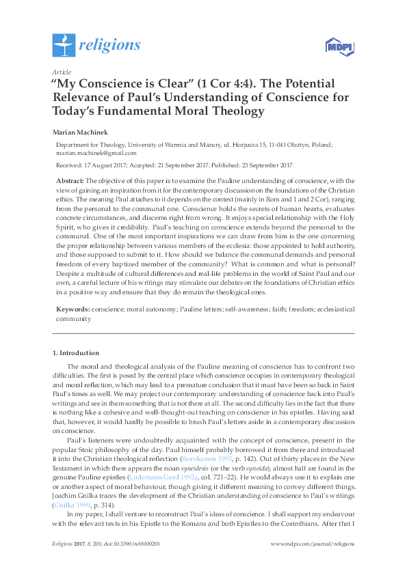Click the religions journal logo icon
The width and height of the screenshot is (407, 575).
click(64, 45)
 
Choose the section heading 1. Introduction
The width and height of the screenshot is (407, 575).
click(75, 353)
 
